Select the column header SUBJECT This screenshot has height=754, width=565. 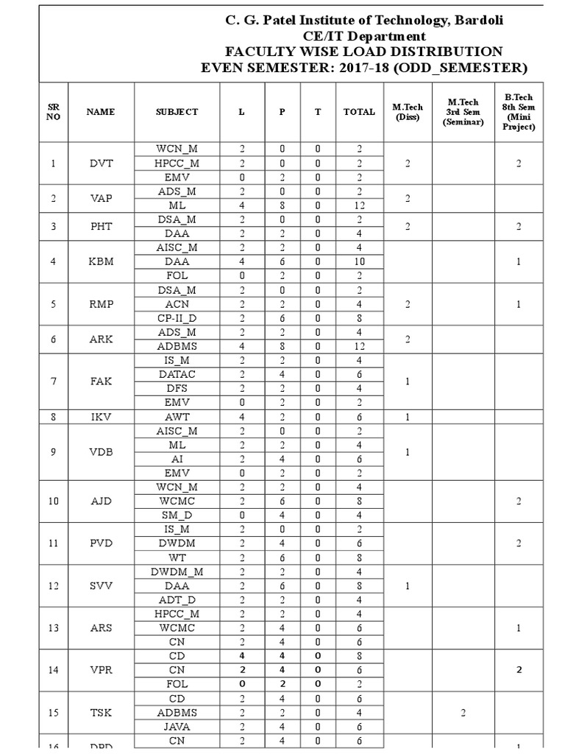(177, 112)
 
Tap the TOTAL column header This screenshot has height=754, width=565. (359, 112)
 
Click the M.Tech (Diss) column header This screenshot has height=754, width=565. (408, 112)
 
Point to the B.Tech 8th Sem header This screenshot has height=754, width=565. (519, 112)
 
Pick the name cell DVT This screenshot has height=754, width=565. (101, 163)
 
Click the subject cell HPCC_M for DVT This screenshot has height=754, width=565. (177, 163)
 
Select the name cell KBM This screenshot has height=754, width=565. (101, 261)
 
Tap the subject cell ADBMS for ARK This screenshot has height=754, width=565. (177, 346)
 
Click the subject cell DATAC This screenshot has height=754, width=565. (177, 374)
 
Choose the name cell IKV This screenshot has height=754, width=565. (101, 417)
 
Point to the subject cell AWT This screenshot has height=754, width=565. (177, 417)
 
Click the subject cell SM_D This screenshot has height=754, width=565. (177, 515)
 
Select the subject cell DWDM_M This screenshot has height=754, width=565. (177, 571)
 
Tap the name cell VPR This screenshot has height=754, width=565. (101, 670)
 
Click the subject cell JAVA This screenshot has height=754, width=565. (177, 727)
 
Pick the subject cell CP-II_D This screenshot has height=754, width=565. (177, 318)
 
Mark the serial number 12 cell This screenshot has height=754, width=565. (53, 585)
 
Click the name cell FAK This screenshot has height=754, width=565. (101, 381)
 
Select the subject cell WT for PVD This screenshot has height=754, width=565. (177, 557)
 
